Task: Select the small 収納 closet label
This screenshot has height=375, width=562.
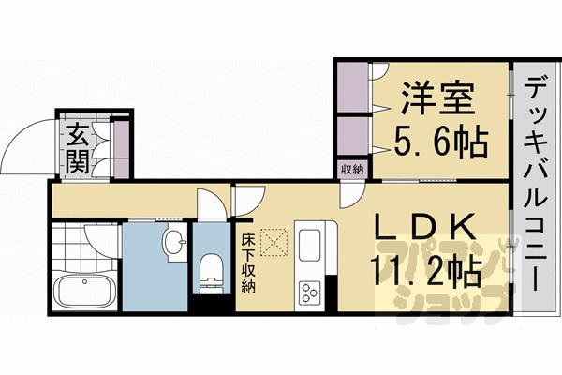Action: click(x=352, y=169)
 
